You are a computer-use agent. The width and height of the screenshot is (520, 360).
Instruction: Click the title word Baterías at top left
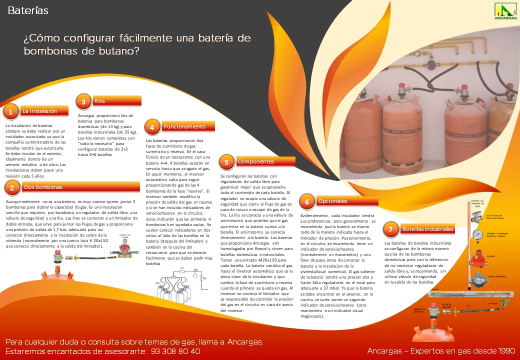(x=28, y=10)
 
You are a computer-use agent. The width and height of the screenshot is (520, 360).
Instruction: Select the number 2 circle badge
(x=11, y=188)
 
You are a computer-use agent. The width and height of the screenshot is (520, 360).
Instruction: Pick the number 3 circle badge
(x=83, y=102)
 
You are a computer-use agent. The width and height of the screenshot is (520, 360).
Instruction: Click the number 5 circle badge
(x=226, y=162)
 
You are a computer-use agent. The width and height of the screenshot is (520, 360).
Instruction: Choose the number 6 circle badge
(x=306, y=202)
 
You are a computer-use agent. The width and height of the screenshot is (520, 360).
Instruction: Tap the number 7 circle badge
(x=390, y=230)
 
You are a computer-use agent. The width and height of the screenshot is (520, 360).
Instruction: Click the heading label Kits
(x=100, y=101)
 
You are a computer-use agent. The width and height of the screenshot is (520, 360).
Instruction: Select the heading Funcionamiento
(x=184, y=126)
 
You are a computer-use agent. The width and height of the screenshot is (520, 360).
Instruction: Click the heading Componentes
(x=255, y=161)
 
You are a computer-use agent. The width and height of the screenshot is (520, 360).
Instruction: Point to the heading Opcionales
(x=332, y=201)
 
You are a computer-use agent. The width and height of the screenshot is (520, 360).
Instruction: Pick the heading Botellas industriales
(x=427, y=229)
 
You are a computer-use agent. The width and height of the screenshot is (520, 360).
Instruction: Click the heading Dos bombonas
(x=43, y=187)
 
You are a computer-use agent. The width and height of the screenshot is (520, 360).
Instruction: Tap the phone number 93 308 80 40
(x=175, y=351)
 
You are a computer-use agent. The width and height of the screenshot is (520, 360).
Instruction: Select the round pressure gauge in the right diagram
(x=478, y=234)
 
